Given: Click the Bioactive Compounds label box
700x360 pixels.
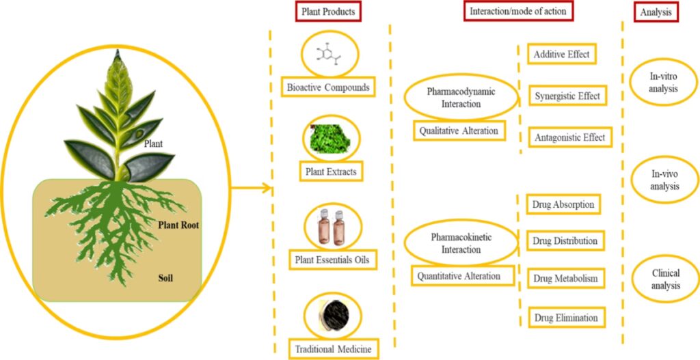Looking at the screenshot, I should click(x=327, y=87).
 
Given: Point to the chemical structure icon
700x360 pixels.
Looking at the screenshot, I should click(x=330, y=57).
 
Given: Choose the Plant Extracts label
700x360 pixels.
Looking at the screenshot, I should click(x=331, y=171).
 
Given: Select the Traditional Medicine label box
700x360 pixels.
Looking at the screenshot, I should click(x=333, y=349).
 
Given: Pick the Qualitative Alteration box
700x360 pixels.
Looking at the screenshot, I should click(x=459, y=130).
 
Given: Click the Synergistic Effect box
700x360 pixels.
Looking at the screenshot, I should click(x=567, y=96).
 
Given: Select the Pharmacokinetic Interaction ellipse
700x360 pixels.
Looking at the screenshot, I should click(x=461, y=244).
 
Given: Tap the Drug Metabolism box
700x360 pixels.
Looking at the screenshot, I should click(x=566, y=278).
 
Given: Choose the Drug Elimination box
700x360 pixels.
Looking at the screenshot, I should click(x=566, y=318).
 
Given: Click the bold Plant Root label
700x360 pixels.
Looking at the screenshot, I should click(x=178, y=224).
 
